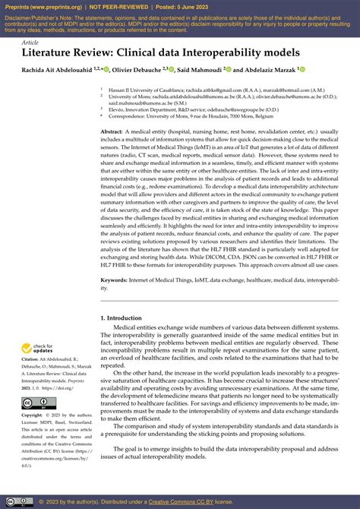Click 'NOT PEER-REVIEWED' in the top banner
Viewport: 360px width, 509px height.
122,6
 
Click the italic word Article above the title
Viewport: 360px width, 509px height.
30,43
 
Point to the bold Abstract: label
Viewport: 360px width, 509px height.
112,132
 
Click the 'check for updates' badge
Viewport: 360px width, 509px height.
37,349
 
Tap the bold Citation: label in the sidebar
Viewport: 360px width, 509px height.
33,360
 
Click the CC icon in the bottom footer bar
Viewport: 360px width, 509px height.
11,502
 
